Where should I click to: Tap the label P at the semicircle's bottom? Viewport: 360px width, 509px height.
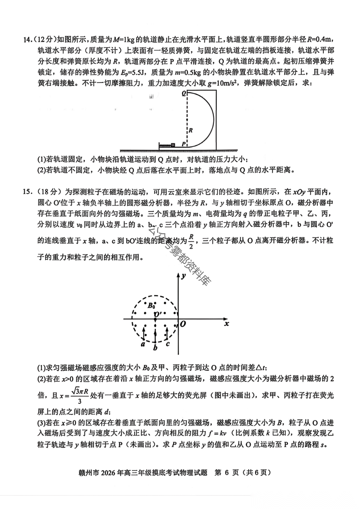pos(183,144)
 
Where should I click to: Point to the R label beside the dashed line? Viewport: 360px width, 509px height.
pos(191,130)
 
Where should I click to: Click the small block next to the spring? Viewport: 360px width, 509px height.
pos(173,145)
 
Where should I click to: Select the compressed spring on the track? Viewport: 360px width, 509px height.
pos(165,145)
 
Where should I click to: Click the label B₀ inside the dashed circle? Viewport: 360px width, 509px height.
pos(152,305)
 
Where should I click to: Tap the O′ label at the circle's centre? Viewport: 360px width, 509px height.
pos(157,314)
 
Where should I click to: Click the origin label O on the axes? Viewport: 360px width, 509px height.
pos(183,324)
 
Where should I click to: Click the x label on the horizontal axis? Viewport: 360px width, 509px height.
pos(227,323)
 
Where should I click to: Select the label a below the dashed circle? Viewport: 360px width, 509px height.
pos(143,344)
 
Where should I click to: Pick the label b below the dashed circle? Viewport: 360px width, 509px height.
pos(155,348)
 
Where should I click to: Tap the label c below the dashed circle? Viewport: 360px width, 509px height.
pos(168,343)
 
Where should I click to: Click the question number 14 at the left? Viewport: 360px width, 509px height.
pos(28,40)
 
